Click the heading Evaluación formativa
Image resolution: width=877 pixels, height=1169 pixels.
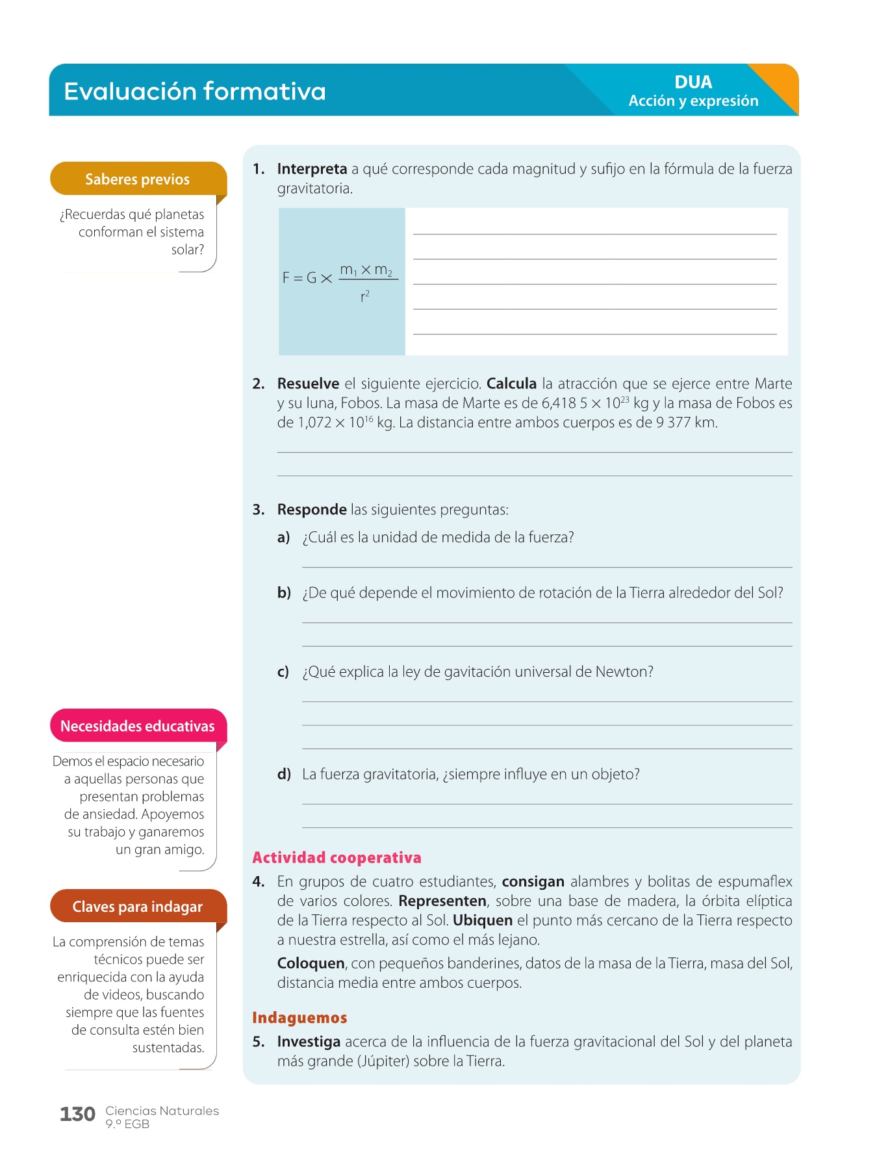click(x=194, y=91)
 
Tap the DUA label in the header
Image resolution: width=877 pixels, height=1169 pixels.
click(x=693, y=82)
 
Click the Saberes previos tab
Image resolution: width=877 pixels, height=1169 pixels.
click(x=138, y=179)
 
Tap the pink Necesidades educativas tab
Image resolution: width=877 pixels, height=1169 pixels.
click(x=138, y=726)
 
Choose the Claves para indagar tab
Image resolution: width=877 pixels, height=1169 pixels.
click(x=138, y=907)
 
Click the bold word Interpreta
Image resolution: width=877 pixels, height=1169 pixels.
click(x=312, y=169)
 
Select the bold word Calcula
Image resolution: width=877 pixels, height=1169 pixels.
click(x=511, y=383)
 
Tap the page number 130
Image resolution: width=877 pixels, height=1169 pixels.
click(x=77, y=1114)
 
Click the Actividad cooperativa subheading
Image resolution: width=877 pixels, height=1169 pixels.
click(x=337, y=858)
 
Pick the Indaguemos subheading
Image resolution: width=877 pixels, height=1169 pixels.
click(x=299, y=1018)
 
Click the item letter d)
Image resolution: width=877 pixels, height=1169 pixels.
click(x=284, y=774)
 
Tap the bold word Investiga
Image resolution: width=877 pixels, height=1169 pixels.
click(x=309, y=1042)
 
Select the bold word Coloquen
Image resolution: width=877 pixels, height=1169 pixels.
click(x=311, y=963)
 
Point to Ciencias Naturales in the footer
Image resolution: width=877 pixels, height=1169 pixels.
click(x=162, y=1111)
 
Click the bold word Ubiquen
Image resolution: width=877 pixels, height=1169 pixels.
click(x=482, y=920)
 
